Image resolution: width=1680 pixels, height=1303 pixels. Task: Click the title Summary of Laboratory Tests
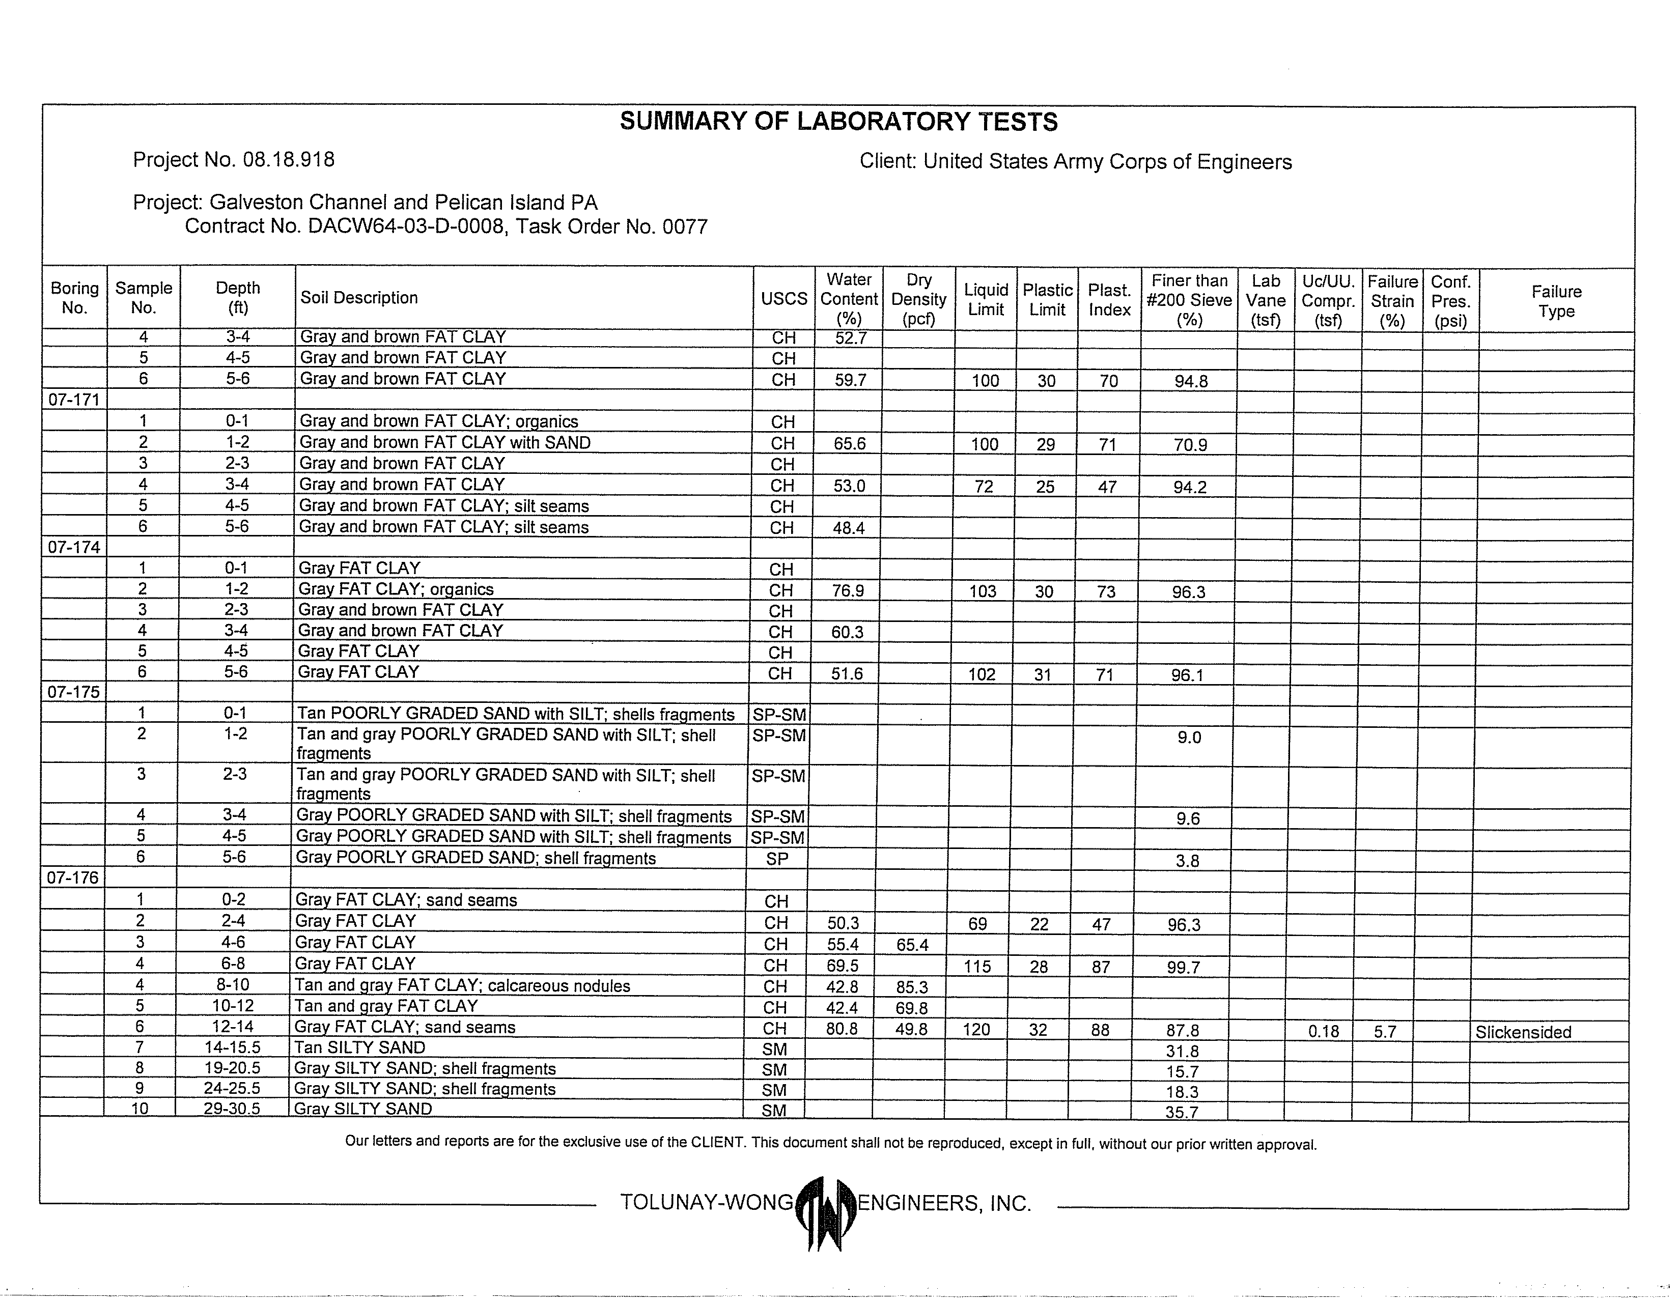coord(838,122)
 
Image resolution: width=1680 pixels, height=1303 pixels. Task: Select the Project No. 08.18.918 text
coord(233,160)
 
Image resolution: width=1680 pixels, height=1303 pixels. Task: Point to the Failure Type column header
coord(1556,301)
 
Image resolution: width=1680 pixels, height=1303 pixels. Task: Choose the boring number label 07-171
coord(74,399)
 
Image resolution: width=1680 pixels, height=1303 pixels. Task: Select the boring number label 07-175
coord(74,692)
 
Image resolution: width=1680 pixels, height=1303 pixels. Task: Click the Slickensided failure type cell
coord(1523,1032)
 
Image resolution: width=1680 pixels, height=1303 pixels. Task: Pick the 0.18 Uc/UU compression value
coord(1324,1032)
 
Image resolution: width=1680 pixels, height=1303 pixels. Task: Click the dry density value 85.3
coord(912,987)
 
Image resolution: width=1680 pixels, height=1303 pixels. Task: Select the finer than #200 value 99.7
coord(1183,968)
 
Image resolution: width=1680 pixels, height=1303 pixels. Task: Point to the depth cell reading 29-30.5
coord(232,1109)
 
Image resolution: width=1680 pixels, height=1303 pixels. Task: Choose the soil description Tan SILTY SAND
coord(359,1047)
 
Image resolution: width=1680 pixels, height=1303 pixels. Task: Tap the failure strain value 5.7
coord(1385,1032)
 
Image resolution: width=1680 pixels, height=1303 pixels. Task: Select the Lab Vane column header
coord(1266,301)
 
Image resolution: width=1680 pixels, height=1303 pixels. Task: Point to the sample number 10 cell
coord(140,1109)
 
